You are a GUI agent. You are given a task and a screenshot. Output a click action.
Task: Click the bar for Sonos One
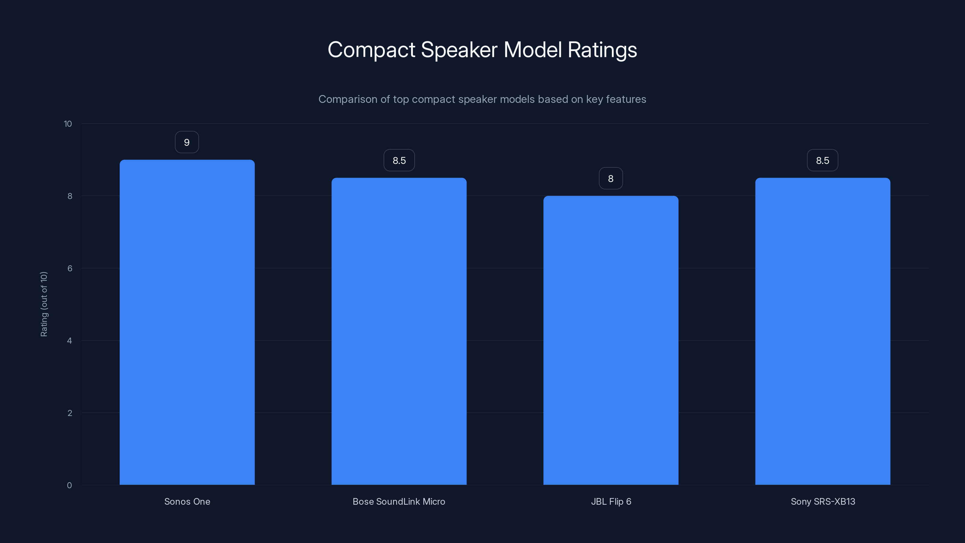pos(187,322)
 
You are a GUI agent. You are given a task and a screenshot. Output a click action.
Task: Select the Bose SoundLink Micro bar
pos(399,331)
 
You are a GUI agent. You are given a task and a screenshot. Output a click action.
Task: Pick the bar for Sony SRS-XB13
pos(823,331)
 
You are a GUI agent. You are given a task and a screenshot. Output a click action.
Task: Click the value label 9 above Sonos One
pos(187,142)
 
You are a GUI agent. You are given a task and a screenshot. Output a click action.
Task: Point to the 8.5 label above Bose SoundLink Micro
pos(399,160)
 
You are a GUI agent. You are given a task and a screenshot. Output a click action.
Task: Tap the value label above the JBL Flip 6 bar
pos(611,178)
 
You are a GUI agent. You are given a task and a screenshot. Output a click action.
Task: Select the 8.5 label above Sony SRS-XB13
pos(823,160)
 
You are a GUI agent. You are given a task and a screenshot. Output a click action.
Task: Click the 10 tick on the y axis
pos(68,124)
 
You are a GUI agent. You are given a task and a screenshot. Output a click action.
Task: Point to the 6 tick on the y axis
pos(70,268)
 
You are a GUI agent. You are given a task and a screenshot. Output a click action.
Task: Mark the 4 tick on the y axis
pos(70,341)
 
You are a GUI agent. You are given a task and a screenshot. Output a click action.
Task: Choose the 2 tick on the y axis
pos(70,413)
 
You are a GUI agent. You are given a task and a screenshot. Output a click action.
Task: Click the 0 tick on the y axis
pos(70,485)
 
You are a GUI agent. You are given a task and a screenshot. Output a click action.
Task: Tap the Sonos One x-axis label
pos(187,501)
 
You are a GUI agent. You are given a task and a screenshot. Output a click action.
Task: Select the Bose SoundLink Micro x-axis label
pos(399,501)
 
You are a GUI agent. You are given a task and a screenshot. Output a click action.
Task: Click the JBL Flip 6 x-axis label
pos(611,501)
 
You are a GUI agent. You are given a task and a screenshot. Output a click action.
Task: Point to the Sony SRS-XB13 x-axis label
pos(823,501)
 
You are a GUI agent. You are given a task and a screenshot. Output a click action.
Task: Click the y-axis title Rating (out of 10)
pos(44,304)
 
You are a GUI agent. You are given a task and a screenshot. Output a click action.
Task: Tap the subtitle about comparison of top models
pos(482,99)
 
